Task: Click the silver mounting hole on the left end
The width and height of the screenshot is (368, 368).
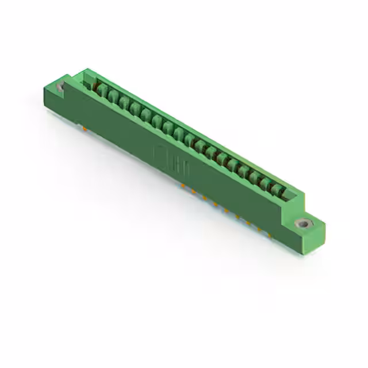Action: pos(60,87)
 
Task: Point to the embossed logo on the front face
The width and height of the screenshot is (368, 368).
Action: pos(163,157)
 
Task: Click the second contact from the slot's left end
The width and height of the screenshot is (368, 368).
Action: pos(113,97)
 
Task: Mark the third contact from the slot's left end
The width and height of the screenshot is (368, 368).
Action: pos(124,103)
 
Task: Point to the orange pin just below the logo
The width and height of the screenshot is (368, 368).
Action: pos(183,186)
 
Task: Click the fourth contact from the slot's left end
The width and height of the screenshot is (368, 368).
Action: pos(135,110)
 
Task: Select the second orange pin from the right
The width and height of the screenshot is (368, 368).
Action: pos(258,228)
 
